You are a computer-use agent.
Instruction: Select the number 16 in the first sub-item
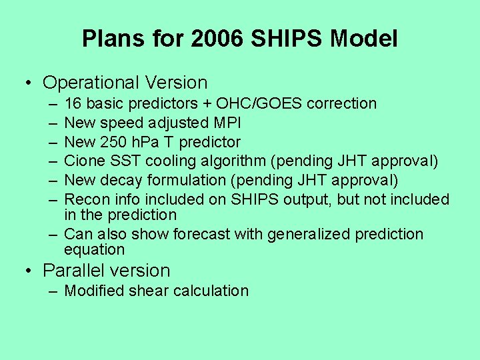tap(73, 103)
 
